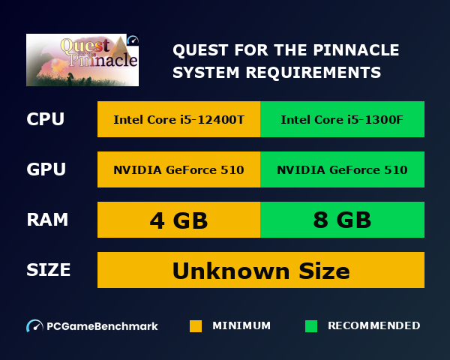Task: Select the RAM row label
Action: coord(47,220)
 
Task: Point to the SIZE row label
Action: coord(49,270)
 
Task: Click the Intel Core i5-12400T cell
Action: coord(178,119)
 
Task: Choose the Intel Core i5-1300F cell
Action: coord(342,119)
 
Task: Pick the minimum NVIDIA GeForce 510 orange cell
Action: coord(178,169)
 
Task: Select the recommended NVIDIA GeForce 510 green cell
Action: coord(342,169)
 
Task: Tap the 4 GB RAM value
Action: coord(178,220)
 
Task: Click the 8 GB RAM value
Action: coord(342,220)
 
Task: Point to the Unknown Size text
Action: coord(261,270)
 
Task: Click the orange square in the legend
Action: coord(196,326)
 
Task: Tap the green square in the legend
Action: coord(311,326)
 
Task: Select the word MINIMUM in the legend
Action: coord(241,325)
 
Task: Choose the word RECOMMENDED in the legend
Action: coord(373,325)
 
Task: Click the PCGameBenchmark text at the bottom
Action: coord(102,326)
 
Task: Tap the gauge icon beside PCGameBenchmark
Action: coord(34,326)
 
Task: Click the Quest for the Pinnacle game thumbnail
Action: coord(82,60)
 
